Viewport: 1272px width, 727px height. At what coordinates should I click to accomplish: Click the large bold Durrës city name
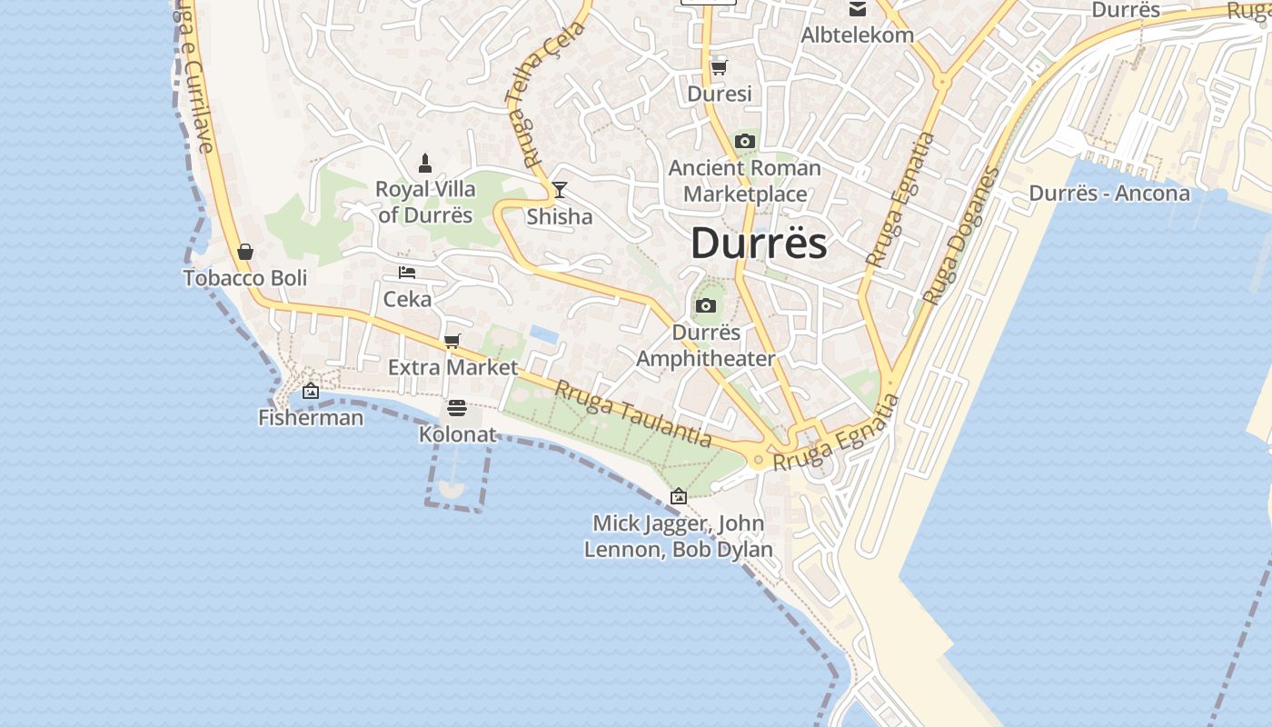759,244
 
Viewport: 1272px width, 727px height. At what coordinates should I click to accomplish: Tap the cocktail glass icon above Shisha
560,190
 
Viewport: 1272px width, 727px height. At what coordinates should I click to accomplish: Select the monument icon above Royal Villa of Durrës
424,164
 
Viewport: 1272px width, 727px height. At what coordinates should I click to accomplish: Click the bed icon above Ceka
407,273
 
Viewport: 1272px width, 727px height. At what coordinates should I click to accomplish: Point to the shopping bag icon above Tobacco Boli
245,252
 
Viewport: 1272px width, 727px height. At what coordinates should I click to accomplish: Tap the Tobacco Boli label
245,278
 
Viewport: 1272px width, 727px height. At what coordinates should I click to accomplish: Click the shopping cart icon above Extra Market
452,341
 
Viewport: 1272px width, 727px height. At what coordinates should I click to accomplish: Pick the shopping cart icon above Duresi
719,67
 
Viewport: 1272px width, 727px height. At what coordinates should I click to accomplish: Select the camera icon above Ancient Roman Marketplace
744,141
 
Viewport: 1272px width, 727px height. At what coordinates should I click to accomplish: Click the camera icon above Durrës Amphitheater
705,305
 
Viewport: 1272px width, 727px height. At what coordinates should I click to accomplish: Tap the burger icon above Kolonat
457,408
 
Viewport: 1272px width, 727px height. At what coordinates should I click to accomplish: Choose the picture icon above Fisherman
311,391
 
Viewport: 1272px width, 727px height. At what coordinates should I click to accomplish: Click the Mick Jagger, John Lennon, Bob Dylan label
679,536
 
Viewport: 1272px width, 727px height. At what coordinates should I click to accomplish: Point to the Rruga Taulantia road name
633,413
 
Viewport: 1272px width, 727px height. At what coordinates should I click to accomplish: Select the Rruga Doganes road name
960,235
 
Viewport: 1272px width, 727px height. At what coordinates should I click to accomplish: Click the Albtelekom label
857,35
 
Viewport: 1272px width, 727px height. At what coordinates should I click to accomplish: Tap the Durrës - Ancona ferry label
1108,194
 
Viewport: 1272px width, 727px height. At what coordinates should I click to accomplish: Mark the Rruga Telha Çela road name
546,91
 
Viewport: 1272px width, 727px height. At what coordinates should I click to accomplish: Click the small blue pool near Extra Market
543,334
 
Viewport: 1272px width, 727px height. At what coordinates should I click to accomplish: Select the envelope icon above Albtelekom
857,9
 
